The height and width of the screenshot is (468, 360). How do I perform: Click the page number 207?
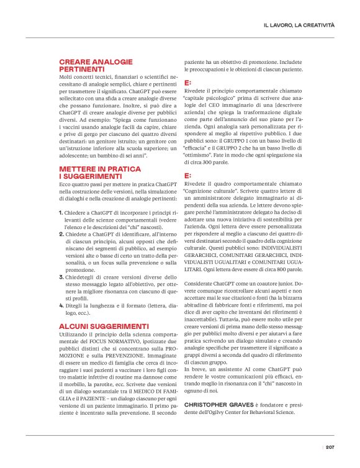click(330, 446)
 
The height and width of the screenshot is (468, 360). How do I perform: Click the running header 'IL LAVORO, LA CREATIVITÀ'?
click(299, 25)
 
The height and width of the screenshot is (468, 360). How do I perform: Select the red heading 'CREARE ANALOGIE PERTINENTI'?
click(96, 66)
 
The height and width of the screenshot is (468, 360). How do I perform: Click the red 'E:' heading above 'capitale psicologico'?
click(188, 83)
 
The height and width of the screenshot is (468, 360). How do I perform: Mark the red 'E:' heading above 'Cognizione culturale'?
click(188, 176)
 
